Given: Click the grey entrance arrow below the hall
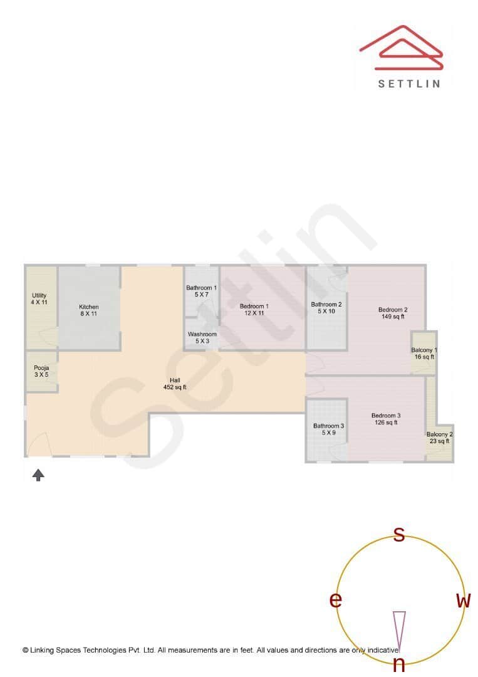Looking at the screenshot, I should pos(38,475).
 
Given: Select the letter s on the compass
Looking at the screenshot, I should pos(398,535).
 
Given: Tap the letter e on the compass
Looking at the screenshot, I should pos(336,601).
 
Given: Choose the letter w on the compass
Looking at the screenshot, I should pos(463,601).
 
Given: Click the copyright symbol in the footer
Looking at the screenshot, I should pos(26,650).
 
